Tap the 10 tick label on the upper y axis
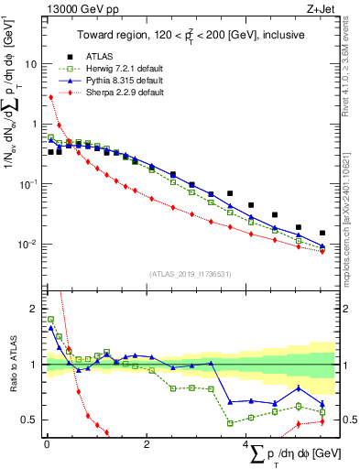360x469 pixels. click(x=31, y=65)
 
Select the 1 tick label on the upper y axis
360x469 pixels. click(x=34, y=125)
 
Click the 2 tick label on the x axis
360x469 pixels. click(x=147, y=444)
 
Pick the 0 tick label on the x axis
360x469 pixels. click(x=47, y=444)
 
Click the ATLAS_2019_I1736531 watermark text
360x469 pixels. click(x=189, y=274)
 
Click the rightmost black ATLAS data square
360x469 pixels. click(x=322, y=233)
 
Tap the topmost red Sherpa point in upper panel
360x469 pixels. click(x=49, y=97)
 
